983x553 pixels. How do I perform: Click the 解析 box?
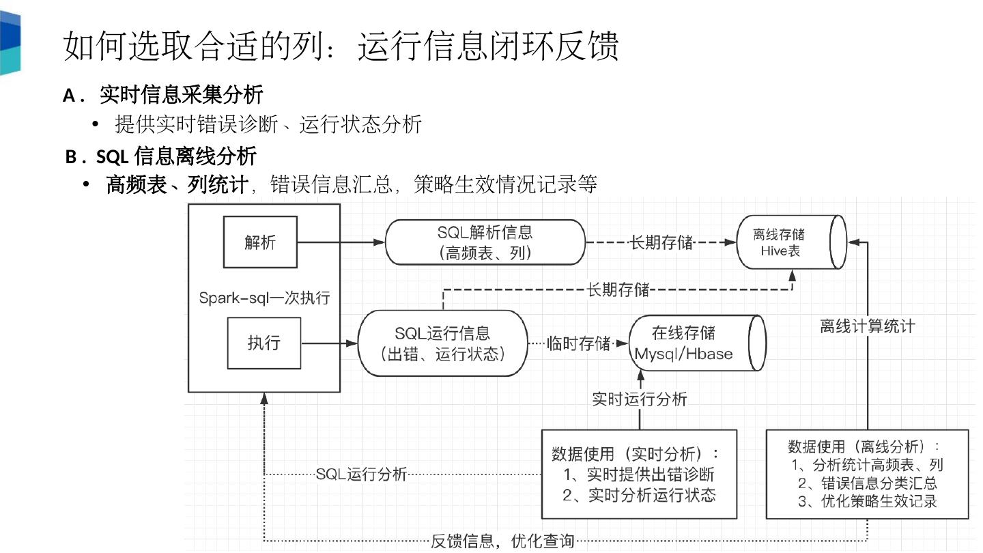point(260,242)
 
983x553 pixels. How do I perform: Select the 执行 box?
point(263,342)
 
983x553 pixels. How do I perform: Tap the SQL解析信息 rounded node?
point(485,242)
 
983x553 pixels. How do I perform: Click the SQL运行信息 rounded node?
point(442,343)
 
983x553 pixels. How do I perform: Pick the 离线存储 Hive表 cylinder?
point(790,242)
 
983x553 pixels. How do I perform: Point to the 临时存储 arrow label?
point(578,343)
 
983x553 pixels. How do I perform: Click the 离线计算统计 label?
point(867,326)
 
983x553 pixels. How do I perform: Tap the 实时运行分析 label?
point(640,399)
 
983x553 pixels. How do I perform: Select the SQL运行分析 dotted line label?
point(361,474)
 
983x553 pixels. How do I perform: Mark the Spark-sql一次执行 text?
point(264,298)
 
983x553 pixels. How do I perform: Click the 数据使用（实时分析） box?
point(639,474)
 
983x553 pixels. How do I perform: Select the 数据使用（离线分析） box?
point(867,474)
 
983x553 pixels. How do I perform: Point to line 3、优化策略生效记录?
point(868,502)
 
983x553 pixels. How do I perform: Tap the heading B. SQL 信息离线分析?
point(161,156)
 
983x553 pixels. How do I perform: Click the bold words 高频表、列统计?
point(177,184)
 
